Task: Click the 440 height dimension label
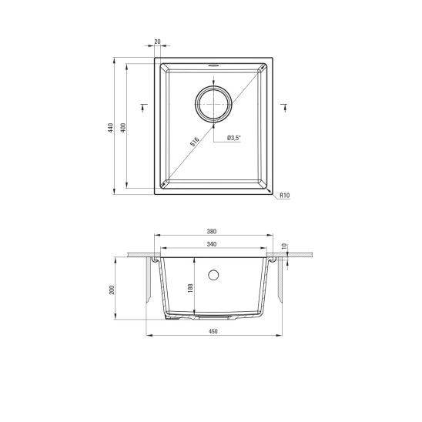pyautogui.click(x=110, y=128)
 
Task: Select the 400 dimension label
pyautogui.click(x=123, y=128)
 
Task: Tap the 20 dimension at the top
pyautogui.click(x=157, y=42)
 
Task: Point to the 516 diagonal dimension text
pyautogui.click(x=194, y=142)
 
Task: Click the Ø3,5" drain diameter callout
pyautogui.click(x=233, y=138)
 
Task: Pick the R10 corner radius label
pyautogui.click(x=285, y=195)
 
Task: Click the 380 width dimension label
pyautogui.click(x=212, y=231)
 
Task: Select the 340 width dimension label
pyautogui.click(x=212, y=244)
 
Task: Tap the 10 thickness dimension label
pyautogui.click(x=284, y=246)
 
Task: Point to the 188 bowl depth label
pyautogui.click(x=190, y=288)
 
